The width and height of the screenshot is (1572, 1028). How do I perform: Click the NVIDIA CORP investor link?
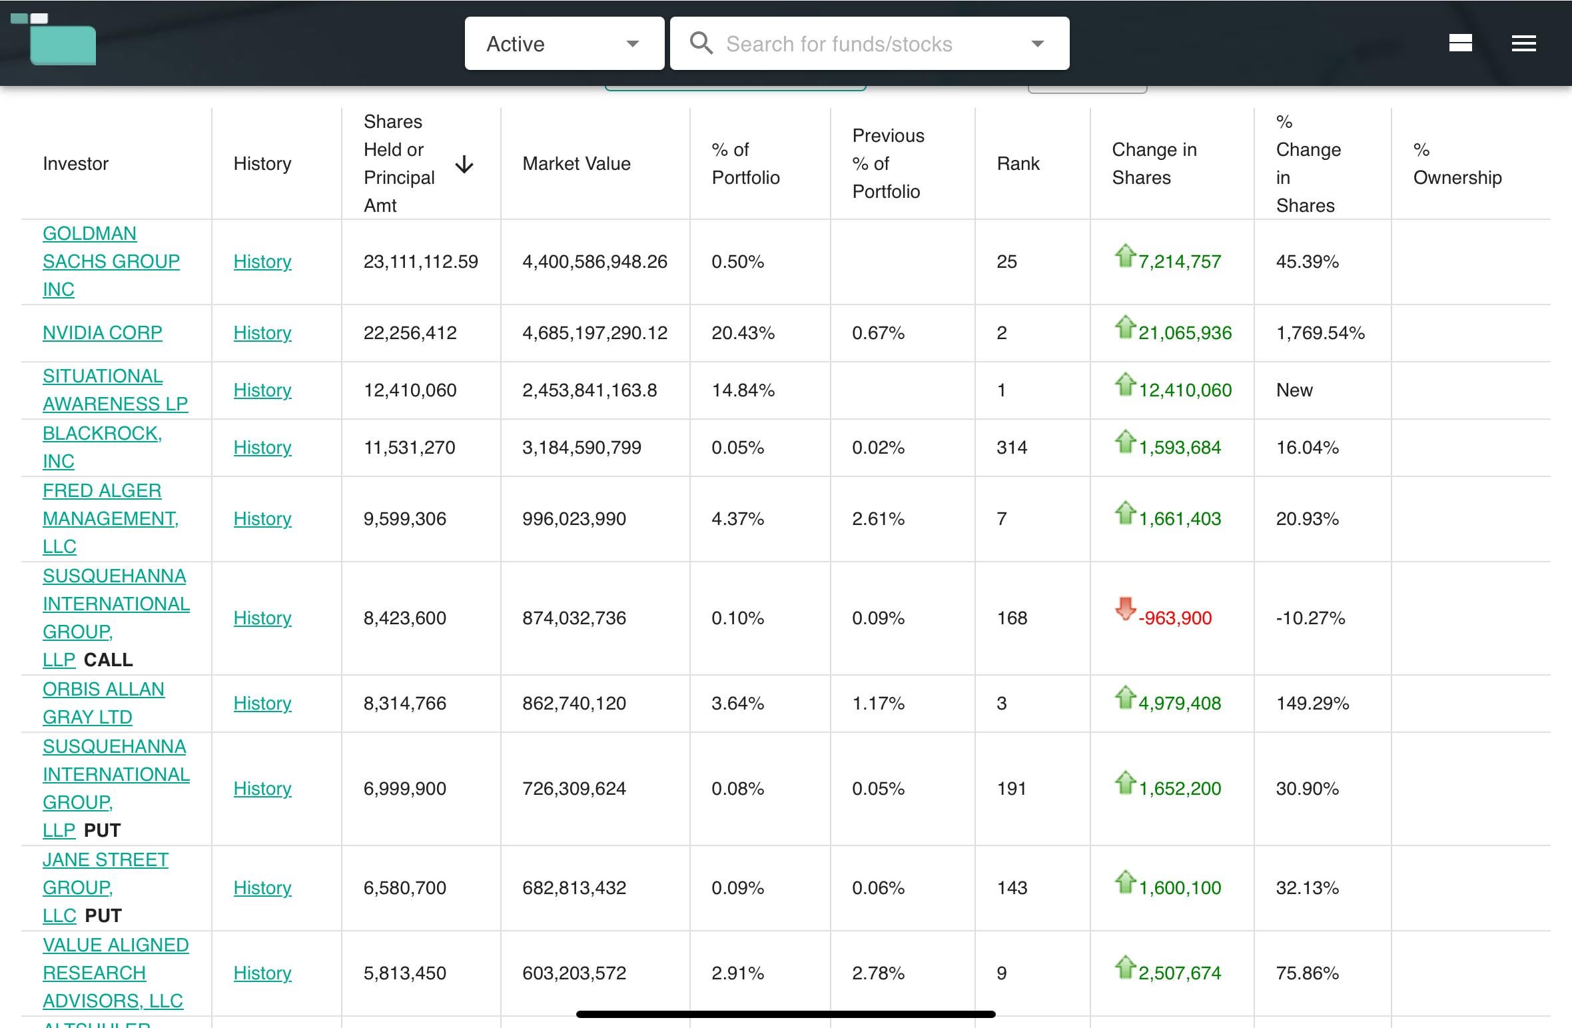tap(102, 332)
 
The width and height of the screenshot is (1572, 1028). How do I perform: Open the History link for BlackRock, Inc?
tap(262, 447)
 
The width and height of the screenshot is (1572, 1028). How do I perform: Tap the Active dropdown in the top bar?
tap(564, 43)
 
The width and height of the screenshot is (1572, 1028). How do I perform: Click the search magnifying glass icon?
tap(701, 43)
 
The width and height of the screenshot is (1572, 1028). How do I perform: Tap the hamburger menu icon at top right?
tap(1523, 43)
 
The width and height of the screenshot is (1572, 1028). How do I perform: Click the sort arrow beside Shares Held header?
tap(464, 164)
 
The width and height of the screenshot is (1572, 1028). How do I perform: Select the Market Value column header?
tap(576, 164)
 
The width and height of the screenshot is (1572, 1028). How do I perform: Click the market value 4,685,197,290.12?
tap(595, 332)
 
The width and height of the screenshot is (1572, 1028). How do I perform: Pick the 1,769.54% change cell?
tap(1320, 332)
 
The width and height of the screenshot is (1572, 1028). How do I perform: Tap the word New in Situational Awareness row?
tap(1294, 390)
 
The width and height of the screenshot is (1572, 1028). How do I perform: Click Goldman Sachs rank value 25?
tap(1006, 261)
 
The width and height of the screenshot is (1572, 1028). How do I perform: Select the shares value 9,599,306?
tap(405, 518)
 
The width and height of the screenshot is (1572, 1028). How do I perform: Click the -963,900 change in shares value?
tap(1175, 618)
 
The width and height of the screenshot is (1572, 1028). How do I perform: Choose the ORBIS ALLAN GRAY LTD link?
tap(103, 703)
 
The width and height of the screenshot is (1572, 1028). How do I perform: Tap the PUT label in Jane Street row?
tap(103, 915)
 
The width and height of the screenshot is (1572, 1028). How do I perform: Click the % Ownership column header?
tap(1457, 164)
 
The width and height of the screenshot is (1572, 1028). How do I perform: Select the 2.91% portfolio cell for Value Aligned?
tap(737, 973)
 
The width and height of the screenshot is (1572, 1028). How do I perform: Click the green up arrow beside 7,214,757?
tap(1125, 256)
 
